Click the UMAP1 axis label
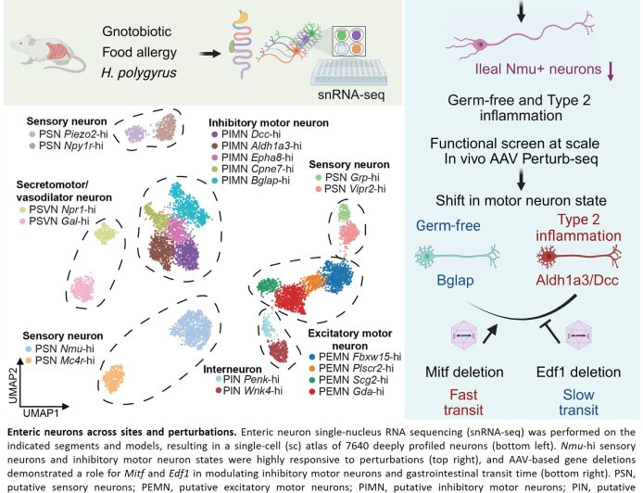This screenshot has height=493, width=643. [x=42, y=409]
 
